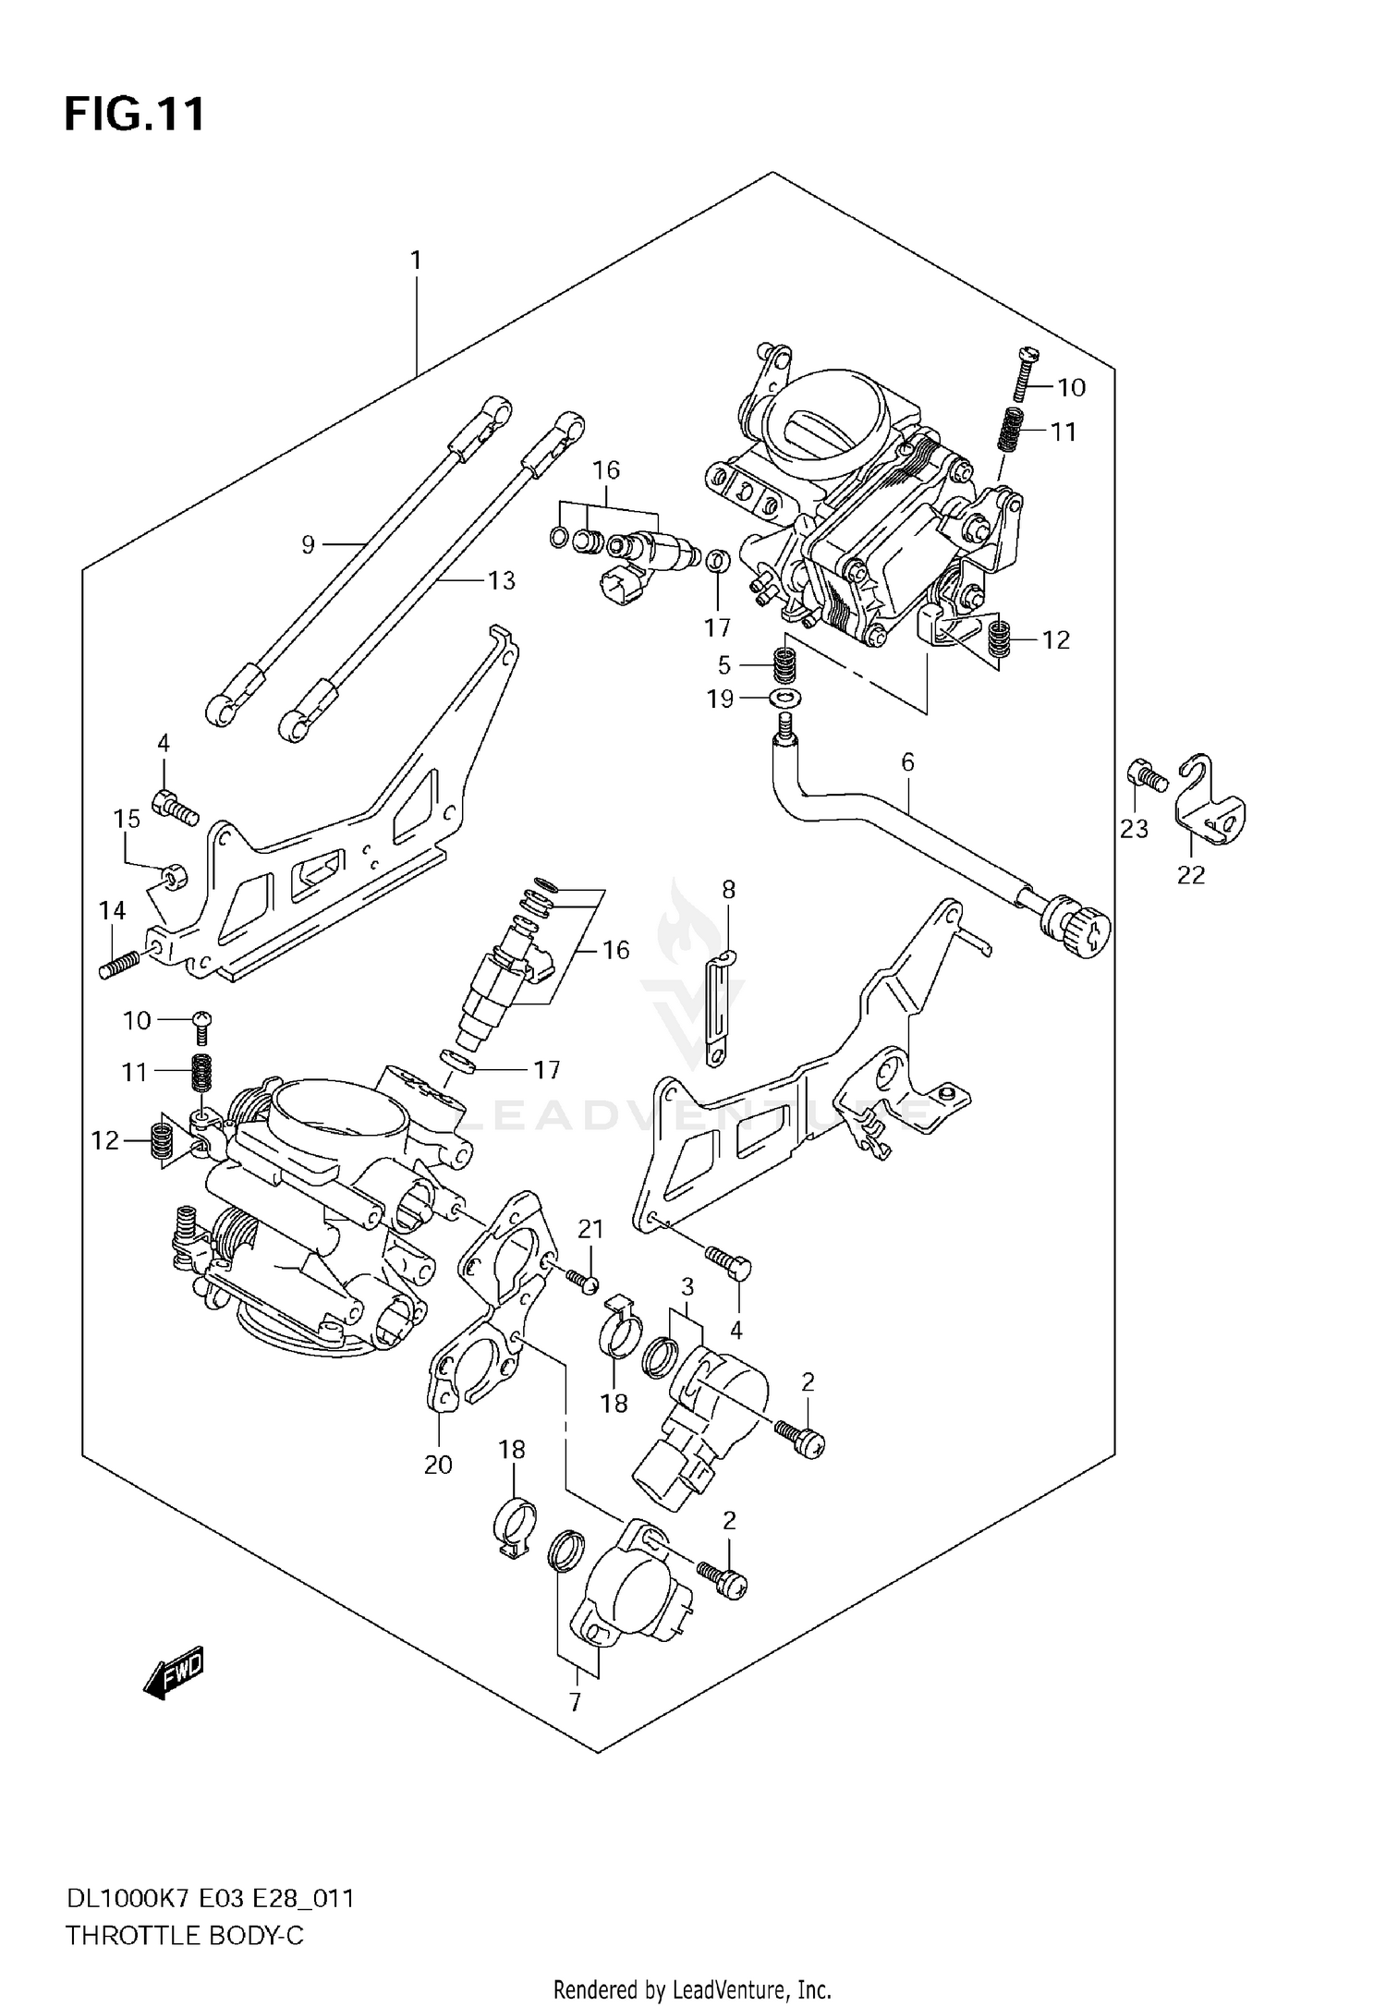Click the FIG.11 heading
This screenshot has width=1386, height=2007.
point(135,116)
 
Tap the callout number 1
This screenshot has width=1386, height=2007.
point(416,262)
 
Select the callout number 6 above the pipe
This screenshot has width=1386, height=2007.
point(906,762)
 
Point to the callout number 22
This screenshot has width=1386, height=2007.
point(1190,874)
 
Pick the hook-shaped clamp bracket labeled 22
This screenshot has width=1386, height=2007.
point(1210,804)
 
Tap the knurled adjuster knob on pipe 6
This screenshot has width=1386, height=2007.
point(1076,926)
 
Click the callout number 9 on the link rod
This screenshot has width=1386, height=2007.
point(309,545)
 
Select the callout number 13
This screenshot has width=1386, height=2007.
point(502,581)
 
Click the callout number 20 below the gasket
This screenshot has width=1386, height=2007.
point(438,1465)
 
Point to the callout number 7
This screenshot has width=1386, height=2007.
point(575,1702)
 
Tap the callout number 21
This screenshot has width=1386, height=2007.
point(590,1230)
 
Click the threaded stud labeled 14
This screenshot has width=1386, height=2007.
point(119,966)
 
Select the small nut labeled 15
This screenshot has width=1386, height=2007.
point(173,874)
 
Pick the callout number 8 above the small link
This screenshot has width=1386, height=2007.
point(728,890)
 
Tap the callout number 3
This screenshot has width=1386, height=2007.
point(687,1286)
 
